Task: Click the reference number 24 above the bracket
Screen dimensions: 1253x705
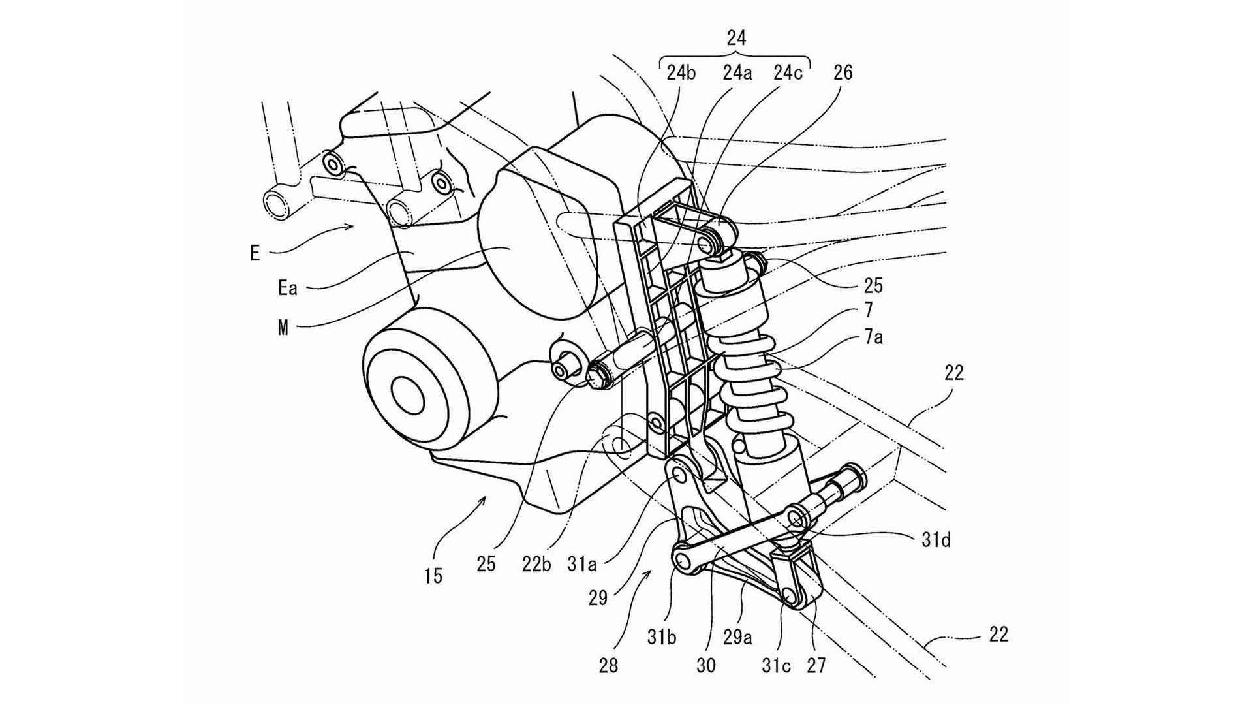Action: (736, 39)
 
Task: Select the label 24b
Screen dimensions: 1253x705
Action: (682, 73)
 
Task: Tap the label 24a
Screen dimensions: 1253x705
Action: (737, 73)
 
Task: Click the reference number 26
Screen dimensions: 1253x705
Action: (843, 72)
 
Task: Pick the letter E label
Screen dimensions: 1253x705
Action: (255, 253)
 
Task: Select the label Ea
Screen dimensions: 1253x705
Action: (287, 287)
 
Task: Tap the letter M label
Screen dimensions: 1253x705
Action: (283, 328)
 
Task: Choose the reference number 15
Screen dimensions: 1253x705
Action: (433, 576)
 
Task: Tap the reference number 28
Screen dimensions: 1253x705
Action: (608, 665)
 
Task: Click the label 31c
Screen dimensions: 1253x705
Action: (776, 665)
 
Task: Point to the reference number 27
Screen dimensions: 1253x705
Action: (816, 665)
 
